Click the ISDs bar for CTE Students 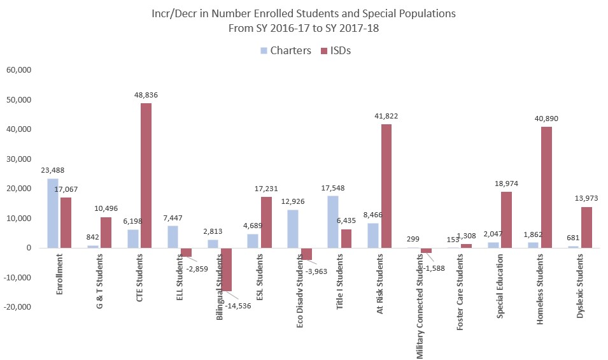pos(146,175)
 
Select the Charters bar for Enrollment pos(53,213)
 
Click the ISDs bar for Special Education pos(506,220)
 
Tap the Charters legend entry pos(285,50)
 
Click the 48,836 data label pos(146,95)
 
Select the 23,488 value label pos(52,170)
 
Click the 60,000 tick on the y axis pos(18,70)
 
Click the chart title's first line pos(304,13)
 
